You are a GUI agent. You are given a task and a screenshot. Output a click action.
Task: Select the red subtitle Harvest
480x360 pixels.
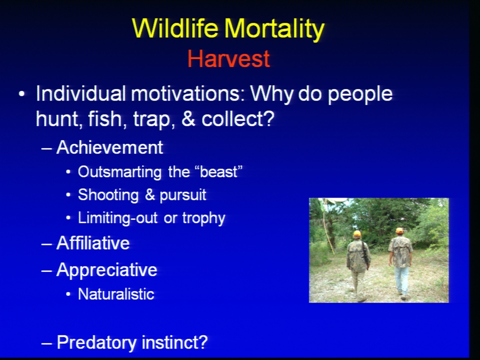(x=228, y=58)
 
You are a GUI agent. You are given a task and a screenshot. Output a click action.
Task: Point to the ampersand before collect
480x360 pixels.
(x=188, y=119)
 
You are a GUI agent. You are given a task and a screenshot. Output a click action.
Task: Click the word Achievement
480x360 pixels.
(x=109, y=147)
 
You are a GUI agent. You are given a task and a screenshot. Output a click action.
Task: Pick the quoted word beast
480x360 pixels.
(x=218, y=172)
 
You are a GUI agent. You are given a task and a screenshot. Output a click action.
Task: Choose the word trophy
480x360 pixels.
(x=203, y=218)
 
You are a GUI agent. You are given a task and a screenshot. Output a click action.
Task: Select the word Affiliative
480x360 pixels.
(x=93, y=243)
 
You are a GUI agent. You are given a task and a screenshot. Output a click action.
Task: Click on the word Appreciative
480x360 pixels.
(x=106, y=270)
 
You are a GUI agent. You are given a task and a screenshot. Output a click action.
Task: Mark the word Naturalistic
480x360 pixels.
(x=116, y=294)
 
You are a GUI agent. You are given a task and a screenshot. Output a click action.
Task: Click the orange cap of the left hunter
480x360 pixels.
(x=357, y=233)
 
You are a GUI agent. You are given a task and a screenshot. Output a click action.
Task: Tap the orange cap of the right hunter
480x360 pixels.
(x=399, y=230)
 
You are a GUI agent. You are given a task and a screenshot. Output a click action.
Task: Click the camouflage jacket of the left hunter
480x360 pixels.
(x=358, y=255)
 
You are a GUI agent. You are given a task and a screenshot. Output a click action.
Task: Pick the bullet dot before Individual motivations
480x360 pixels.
(x=21, y=94)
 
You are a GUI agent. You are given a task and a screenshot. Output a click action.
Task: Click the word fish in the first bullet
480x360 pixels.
(x=105, y=119)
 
